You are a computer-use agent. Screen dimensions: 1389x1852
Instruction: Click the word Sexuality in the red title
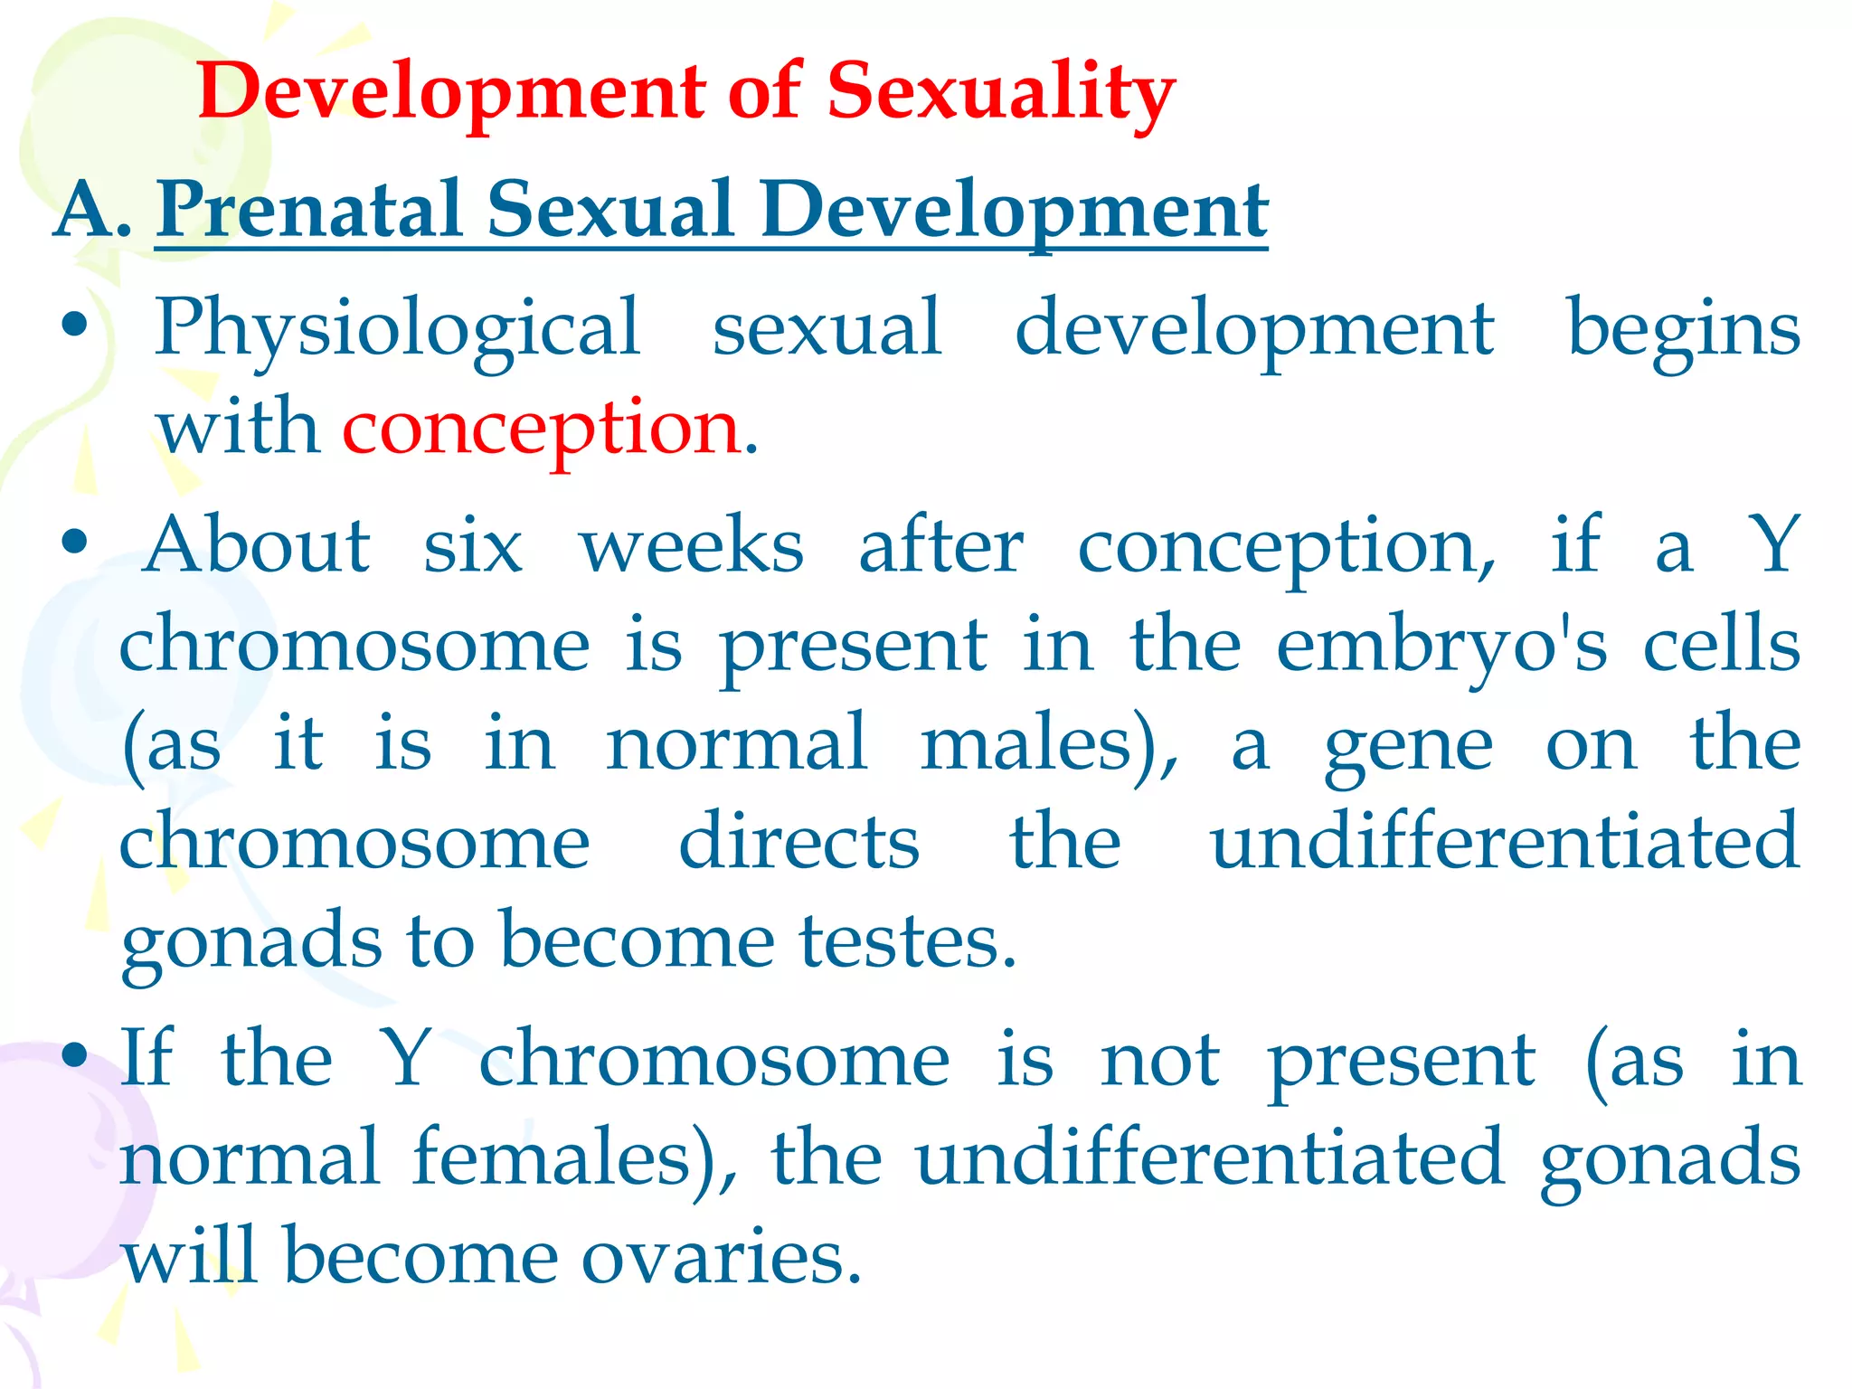(x=1000, y=92)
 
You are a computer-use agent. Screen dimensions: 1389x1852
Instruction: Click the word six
(x=473, y=547)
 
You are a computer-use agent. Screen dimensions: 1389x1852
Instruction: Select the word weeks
(x=691, y=547)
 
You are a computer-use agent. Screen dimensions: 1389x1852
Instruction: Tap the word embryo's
(x=1441, y=647)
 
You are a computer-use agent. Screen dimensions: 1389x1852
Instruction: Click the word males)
(x=1050, y=746)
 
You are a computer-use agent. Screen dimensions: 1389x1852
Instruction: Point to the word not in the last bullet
(x=1160, y=1061)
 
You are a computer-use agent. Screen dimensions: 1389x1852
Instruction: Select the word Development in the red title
(x=452, y=92)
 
